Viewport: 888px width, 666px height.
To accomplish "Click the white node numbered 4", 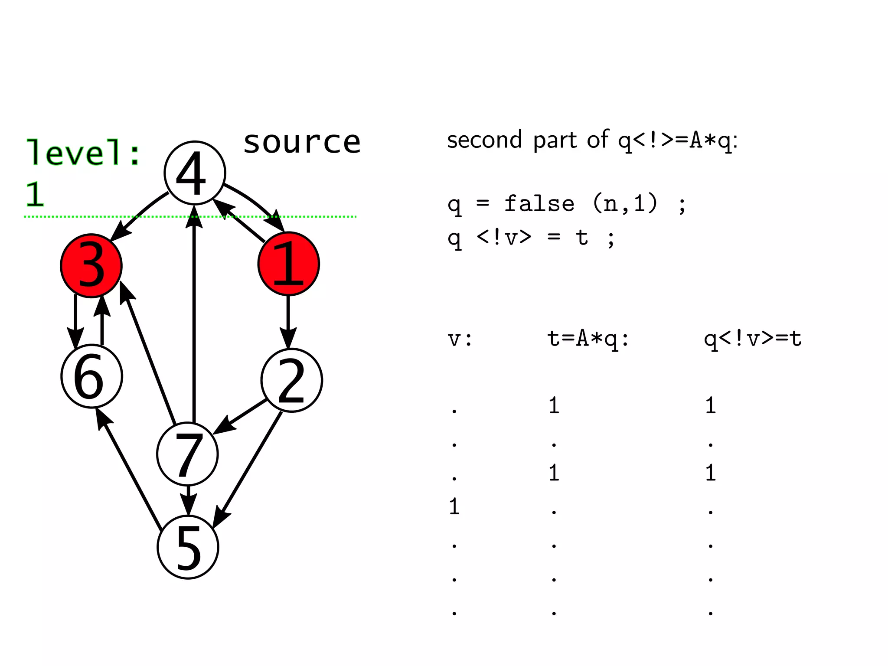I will click(x=195, y=173).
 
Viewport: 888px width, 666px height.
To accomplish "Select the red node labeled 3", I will click(x=91, y=265).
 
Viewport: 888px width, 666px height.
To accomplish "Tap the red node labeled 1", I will click(x=288, y=264).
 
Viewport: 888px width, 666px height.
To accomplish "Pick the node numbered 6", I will click(x=91, y=376).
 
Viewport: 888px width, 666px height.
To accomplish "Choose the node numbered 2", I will click(x=291, y=380).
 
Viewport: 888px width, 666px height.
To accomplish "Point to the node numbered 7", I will click(x=187, y=454).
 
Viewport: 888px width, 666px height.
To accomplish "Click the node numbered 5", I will click(x=188, y=547).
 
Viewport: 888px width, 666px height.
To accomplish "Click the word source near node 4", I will click(x=302, y=142).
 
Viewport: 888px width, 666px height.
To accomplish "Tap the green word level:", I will click(x=83, y=153).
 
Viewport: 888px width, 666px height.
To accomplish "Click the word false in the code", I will click(x=539, y=203).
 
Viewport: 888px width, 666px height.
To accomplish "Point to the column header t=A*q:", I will click(x=588, y=339).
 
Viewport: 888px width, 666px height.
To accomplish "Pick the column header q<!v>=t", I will click(x=752, y=339).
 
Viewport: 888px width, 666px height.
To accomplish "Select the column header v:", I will click(x=460, y=339).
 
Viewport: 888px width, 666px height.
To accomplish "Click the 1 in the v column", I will click(x=454, y=506).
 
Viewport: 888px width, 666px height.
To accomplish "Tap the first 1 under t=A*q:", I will click(x=554, y=405).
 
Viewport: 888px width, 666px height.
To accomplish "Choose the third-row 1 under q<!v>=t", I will click(x=710, y=473).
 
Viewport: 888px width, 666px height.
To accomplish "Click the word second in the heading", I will click(x=484, y=140).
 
